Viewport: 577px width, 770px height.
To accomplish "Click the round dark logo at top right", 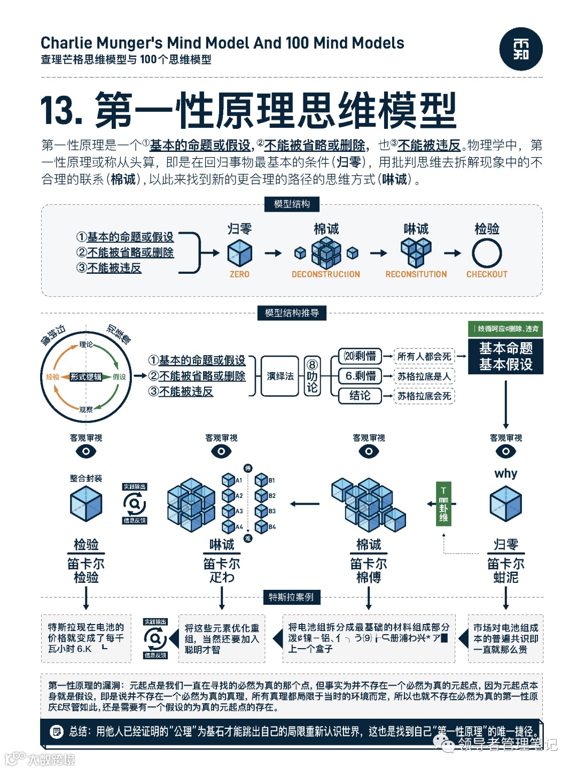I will (521, 49).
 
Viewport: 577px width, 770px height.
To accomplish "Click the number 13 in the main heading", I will (60, 111).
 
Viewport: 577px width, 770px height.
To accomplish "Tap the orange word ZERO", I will (239, 274).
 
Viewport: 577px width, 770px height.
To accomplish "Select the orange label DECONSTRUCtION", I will (326, 274).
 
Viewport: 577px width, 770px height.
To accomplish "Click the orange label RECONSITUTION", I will (416, 274).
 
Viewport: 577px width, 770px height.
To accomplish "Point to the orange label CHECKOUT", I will (487, 274).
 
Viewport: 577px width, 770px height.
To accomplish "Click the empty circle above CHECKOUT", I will (487, 253).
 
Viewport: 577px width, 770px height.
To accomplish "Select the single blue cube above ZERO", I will (239, 253).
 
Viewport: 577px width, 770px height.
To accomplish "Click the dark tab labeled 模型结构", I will (292, 204).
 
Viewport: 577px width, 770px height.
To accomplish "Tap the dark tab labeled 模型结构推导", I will (292, 313).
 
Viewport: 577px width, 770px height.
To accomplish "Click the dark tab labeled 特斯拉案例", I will (291, 597).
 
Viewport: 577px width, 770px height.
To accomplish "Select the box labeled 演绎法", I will (280, 376).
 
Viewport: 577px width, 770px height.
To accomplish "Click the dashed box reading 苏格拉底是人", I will (424, 376).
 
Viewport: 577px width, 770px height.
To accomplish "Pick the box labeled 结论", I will (360, 396).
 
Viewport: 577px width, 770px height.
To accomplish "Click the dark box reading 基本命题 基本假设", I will (505, 356).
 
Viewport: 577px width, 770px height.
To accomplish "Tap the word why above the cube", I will (505, 474).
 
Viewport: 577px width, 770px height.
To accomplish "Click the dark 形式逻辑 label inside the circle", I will (86, 377).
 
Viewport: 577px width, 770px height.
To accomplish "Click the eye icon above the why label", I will (505, 451).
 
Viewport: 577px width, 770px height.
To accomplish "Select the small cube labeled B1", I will (261, 480).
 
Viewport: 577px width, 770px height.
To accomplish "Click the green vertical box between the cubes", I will (443, 504).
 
